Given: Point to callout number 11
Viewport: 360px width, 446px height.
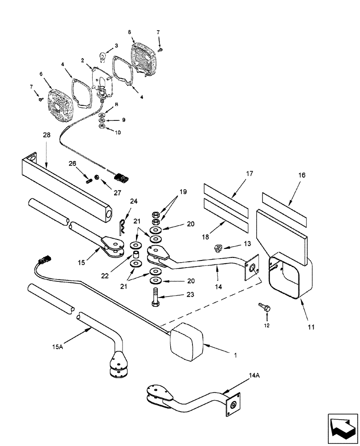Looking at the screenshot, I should [311, 327].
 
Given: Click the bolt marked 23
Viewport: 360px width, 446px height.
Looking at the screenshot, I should [154, 299].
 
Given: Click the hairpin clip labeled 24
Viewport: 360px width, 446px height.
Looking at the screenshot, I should [122, 228].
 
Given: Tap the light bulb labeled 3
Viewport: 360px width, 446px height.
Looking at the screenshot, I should [102, 57].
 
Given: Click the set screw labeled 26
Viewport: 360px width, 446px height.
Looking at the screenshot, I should [89, 180].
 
